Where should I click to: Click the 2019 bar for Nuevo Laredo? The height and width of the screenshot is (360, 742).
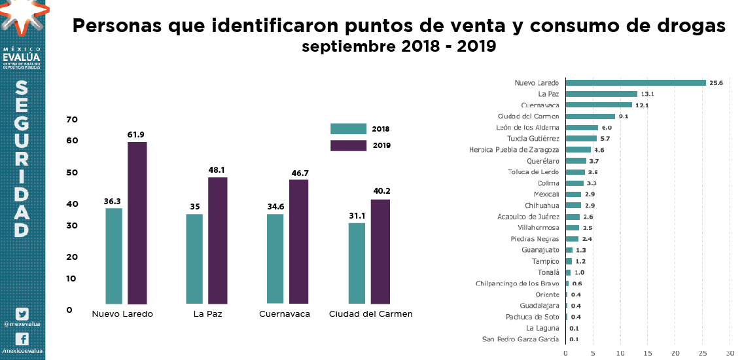click(137, 223)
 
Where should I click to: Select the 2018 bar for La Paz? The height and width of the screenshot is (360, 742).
click(194, 259)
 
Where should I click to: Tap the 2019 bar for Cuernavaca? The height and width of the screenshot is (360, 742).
click(298, 242)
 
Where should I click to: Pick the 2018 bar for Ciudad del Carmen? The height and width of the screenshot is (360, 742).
click(357, 263)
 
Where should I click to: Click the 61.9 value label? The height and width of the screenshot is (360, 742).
click(136, 135)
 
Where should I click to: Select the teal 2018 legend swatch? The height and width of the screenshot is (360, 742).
click(348, 129)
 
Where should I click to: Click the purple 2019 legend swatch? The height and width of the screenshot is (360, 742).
click(348, 145)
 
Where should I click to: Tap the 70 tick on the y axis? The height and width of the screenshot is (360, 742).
click(72, 120)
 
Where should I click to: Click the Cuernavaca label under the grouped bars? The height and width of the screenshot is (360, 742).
click(284, 314)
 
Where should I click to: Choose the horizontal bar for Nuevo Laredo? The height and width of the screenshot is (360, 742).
click(635, 83)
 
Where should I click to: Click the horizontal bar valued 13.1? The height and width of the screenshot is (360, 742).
click(601, 94)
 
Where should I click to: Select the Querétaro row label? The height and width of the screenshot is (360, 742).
click(542, 161)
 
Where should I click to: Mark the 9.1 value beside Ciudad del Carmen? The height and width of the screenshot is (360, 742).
click(624, 117)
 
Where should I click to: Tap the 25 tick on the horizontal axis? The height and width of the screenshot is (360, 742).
click(703, 353)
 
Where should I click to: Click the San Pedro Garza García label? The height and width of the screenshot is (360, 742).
click(520, 340)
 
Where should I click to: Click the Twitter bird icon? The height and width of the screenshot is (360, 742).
click(22, 314)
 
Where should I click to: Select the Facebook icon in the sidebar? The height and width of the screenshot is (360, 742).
click(22, 339)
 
